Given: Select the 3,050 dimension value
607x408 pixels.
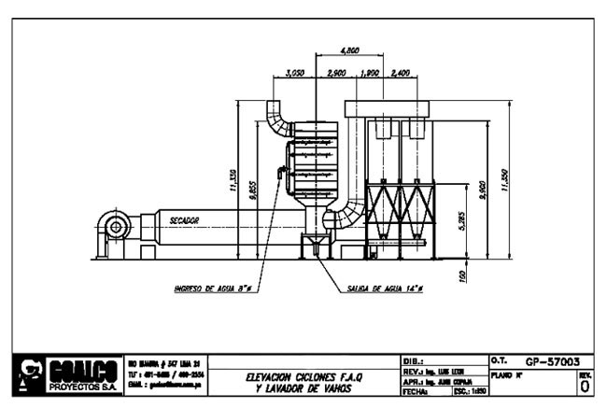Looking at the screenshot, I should click(295, 72).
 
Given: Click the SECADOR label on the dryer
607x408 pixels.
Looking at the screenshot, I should click(185, 220).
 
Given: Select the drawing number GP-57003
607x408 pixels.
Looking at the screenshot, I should click(553, 359).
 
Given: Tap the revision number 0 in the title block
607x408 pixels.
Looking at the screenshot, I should click(585, 385).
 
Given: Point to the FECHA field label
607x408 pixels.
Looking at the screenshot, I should click(414, 392).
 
